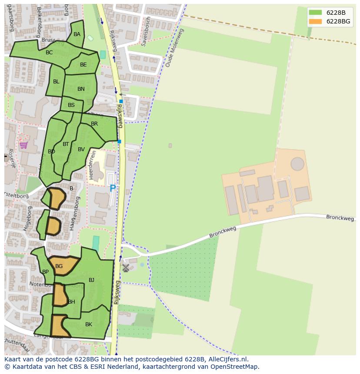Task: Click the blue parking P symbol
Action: click(113, 189)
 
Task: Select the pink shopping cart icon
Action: click(23, 145)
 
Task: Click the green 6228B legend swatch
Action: click(315, 12)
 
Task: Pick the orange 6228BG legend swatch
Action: click(315, 21)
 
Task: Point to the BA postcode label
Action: click(77, 34)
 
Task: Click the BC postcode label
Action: click(49, 53)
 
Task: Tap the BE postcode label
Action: click(83, 65)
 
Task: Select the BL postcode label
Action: click(56, 82)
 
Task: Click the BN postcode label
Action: click(81, 89)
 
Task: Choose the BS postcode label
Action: click(71, 105)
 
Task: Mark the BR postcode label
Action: click(94, 124)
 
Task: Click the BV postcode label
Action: click(81, 149)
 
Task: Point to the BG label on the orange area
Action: click(59, 266)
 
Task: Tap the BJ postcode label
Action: click(91, 280)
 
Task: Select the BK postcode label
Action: click(89, 324)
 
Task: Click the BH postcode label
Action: click(72, 302)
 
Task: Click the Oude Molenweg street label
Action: click(175, 48)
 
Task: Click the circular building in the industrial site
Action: click(297, 164)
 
